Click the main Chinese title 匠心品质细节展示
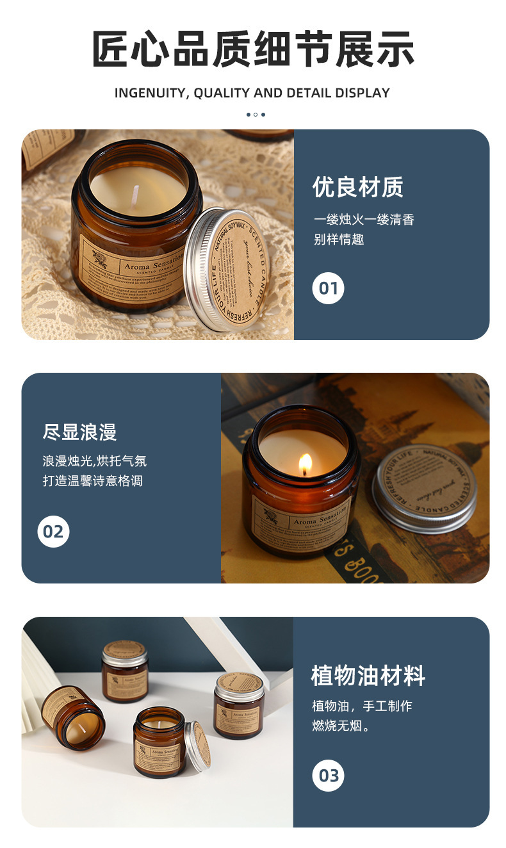coord(253,49)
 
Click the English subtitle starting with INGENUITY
coord(252,93)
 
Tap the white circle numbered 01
coord(328,288)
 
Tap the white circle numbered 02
coord(53,532)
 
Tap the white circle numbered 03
coord(328,776)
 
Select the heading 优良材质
coord(357,188)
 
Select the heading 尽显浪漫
coord(79,432)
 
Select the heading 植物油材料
coord(368,676)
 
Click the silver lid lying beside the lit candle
coord(424,487)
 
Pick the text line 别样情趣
coord(339,240)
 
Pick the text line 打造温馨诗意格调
coord(92,480)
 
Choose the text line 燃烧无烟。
coord(341,726)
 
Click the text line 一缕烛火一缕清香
coord(364,220)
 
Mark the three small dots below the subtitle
coord(255,115)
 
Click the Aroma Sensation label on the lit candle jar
coord(301,521)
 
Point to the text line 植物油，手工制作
coord(362,706)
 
